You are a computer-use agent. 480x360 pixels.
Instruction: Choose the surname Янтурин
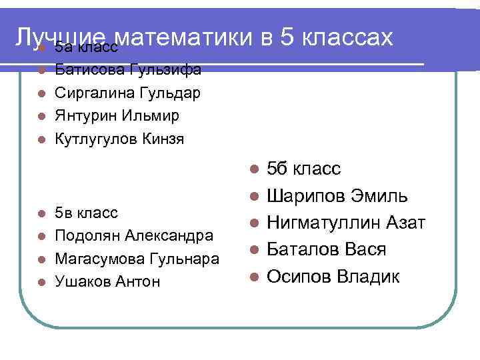(87, 116)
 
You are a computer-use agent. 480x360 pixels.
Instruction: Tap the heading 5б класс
(304, 168)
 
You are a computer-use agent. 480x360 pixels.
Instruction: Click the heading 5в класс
(87, 213)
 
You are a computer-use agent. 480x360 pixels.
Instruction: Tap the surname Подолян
(87, 235)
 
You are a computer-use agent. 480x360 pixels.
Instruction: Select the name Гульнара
(182, 259)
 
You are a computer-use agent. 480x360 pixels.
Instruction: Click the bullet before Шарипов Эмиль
(253, 196)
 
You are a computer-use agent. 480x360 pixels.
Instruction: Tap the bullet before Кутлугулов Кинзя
(41, 140)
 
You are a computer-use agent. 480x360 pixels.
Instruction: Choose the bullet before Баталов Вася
(253, 250)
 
